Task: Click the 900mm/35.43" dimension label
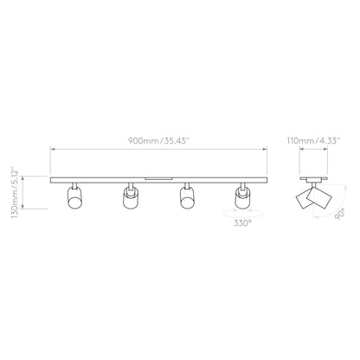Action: [x=158, y=141]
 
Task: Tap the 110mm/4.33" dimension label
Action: [x=313, y=141]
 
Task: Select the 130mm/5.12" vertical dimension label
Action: [x=15, y=192]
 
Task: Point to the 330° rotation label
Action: [x=242, y=223]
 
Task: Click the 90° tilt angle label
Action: [x=340, y=214]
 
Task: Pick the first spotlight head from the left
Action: [x=74, y=197]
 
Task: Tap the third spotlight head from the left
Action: [x=186, y=197]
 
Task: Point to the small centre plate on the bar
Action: [x=158, y=179]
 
